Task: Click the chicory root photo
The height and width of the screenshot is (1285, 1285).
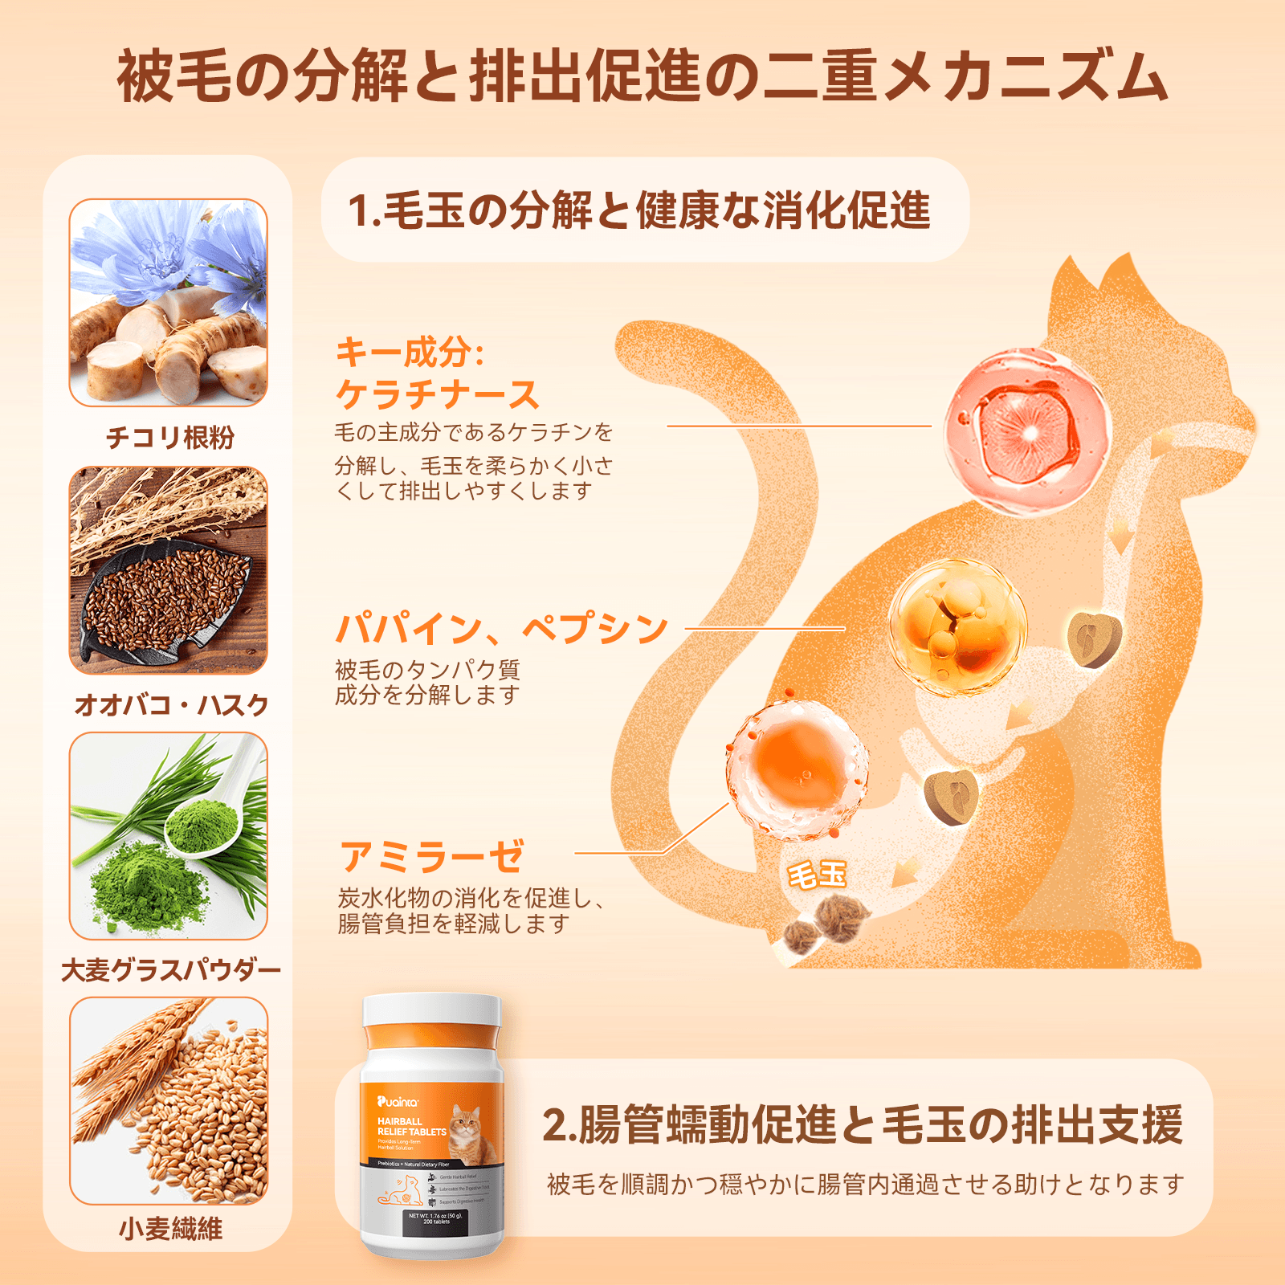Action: tap(168, 303)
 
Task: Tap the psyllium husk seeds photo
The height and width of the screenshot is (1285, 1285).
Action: tap(168, 570)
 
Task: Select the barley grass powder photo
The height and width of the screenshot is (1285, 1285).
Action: tap(168, 835)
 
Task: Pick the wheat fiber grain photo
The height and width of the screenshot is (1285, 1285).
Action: tap(168, 1100)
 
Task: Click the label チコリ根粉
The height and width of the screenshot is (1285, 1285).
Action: tap(170, 438)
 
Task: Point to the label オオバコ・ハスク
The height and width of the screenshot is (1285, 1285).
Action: tap(170, 704)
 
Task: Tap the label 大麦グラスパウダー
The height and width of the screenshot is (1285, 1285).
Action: tap(170, 970)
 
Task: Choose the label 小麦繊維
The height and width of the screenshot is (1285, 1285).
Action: tap(170, 1229)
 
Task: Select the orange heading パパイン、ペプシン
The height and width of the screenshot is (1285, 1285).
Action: tap(501, 628)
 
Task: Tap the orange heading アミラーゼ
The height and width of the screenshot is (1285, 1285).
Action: tap(432, 856)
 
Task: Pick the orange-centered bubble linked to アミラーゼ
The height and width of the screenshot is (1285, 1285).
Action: tap(797, 769)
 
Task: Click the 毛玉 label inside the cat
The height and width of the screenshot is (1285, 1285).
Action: tap(817, 874)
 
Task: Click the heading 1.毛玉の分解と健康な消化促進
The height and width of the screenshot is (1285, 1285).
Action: tap(639, 210)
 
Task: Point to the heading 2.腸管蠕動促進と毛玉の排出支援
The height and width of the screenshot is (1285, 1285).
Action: tap(862, 1124)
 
